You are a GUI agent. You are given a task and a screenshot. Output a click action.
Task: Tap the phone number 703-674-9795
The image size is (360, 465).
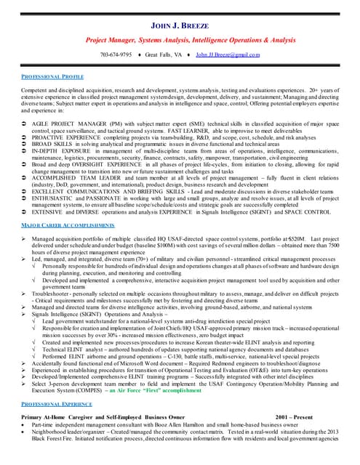(x=116, y=54)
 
